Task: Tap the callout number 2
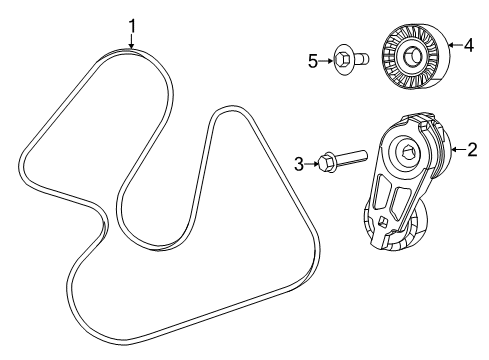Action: coord(472,151)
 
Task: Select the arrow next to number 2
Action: coord(458,151)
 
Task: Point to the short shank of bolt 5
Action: coord(363,60)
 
